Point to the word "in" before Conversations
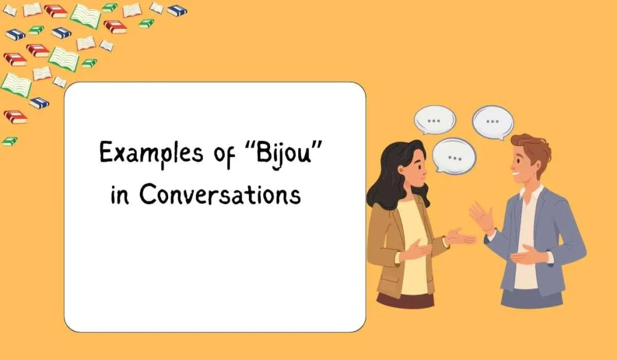pos(119,196)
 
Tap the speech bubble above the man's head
pos(493,121)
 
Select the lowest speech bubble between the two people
pos(454,156)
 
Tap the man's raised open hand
pos(481,216)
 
